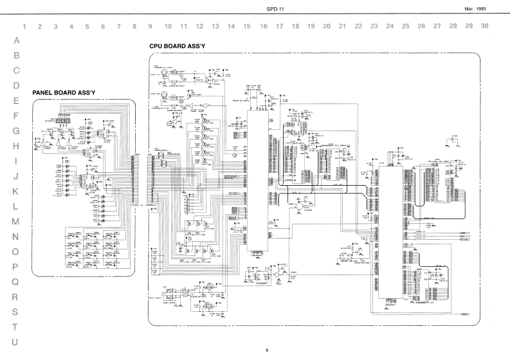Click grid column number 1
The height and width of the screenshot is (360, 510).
[x=24, y=27]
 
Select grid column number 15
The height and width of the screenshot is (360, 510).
[x=247, y=27]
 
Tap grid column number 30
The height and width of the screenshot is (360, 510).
[x=485, y=26]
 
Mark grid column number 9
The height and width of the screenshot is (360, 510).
[x=150, y=27]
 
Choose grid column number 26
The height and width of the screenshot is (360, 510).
[x=421, y=27]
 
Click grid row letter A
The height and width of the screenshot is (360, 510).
[x=16, y=40]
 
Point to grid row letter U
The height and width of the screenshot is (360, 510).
[x=16, y=341]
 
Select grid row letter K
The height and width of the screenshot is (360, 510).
[x=16, y=191]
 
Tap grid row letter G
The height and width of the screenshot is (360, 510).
[x=16, y=130]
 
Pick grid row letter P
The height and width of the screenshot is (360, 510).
[x=16, y=266]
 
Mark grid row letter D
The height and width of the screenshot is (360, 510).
[x=16, y=85]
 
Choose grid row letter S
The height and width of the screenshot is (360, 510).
[x=16, y=311]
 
